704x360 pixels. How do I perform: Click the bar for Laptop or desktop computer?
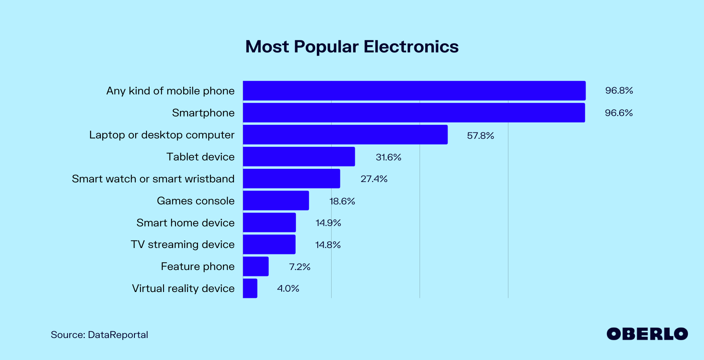coord(345,134)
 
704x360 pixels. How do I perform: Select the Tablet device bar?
coord(298,156)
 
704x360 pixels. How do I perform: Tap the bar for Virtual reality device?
coord(250,288)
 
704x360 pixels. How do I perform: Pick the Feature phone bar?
coord(256,266)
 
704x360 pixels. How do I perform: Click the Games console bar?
coord(276,200)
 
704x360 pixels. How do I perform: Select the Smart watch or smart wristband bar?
coord(291,178)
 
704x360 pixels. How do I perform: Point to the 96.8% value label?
coord(619,91)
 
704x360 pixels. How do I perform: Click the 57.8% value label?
coord(480,136)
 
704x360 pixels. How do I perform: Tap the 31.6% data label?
coord(388,157)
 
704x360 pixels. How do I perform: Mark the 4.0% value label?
coord(288,288)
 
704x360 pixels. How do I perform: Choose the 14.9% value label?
coord(328,223)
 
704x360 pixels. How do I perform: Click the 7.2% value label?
coord(300,267)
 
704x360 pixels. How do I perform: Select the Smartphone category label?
coord(203,113)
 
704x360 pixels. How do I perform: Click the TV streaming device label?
coord(182,244)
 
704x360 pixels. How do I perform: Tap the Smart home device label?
coord(185,223)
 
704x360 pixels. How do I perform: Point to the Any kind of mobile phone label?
coord(170,91)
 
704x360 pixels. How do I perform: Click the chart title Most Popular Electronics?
coord(352,46)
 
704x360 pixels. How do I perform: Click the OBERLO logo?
coord(647,334)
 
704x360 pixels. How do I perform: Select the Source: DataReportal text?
coord(99,335)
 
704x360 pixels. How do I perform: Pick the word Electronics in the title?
coord(411,46)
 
